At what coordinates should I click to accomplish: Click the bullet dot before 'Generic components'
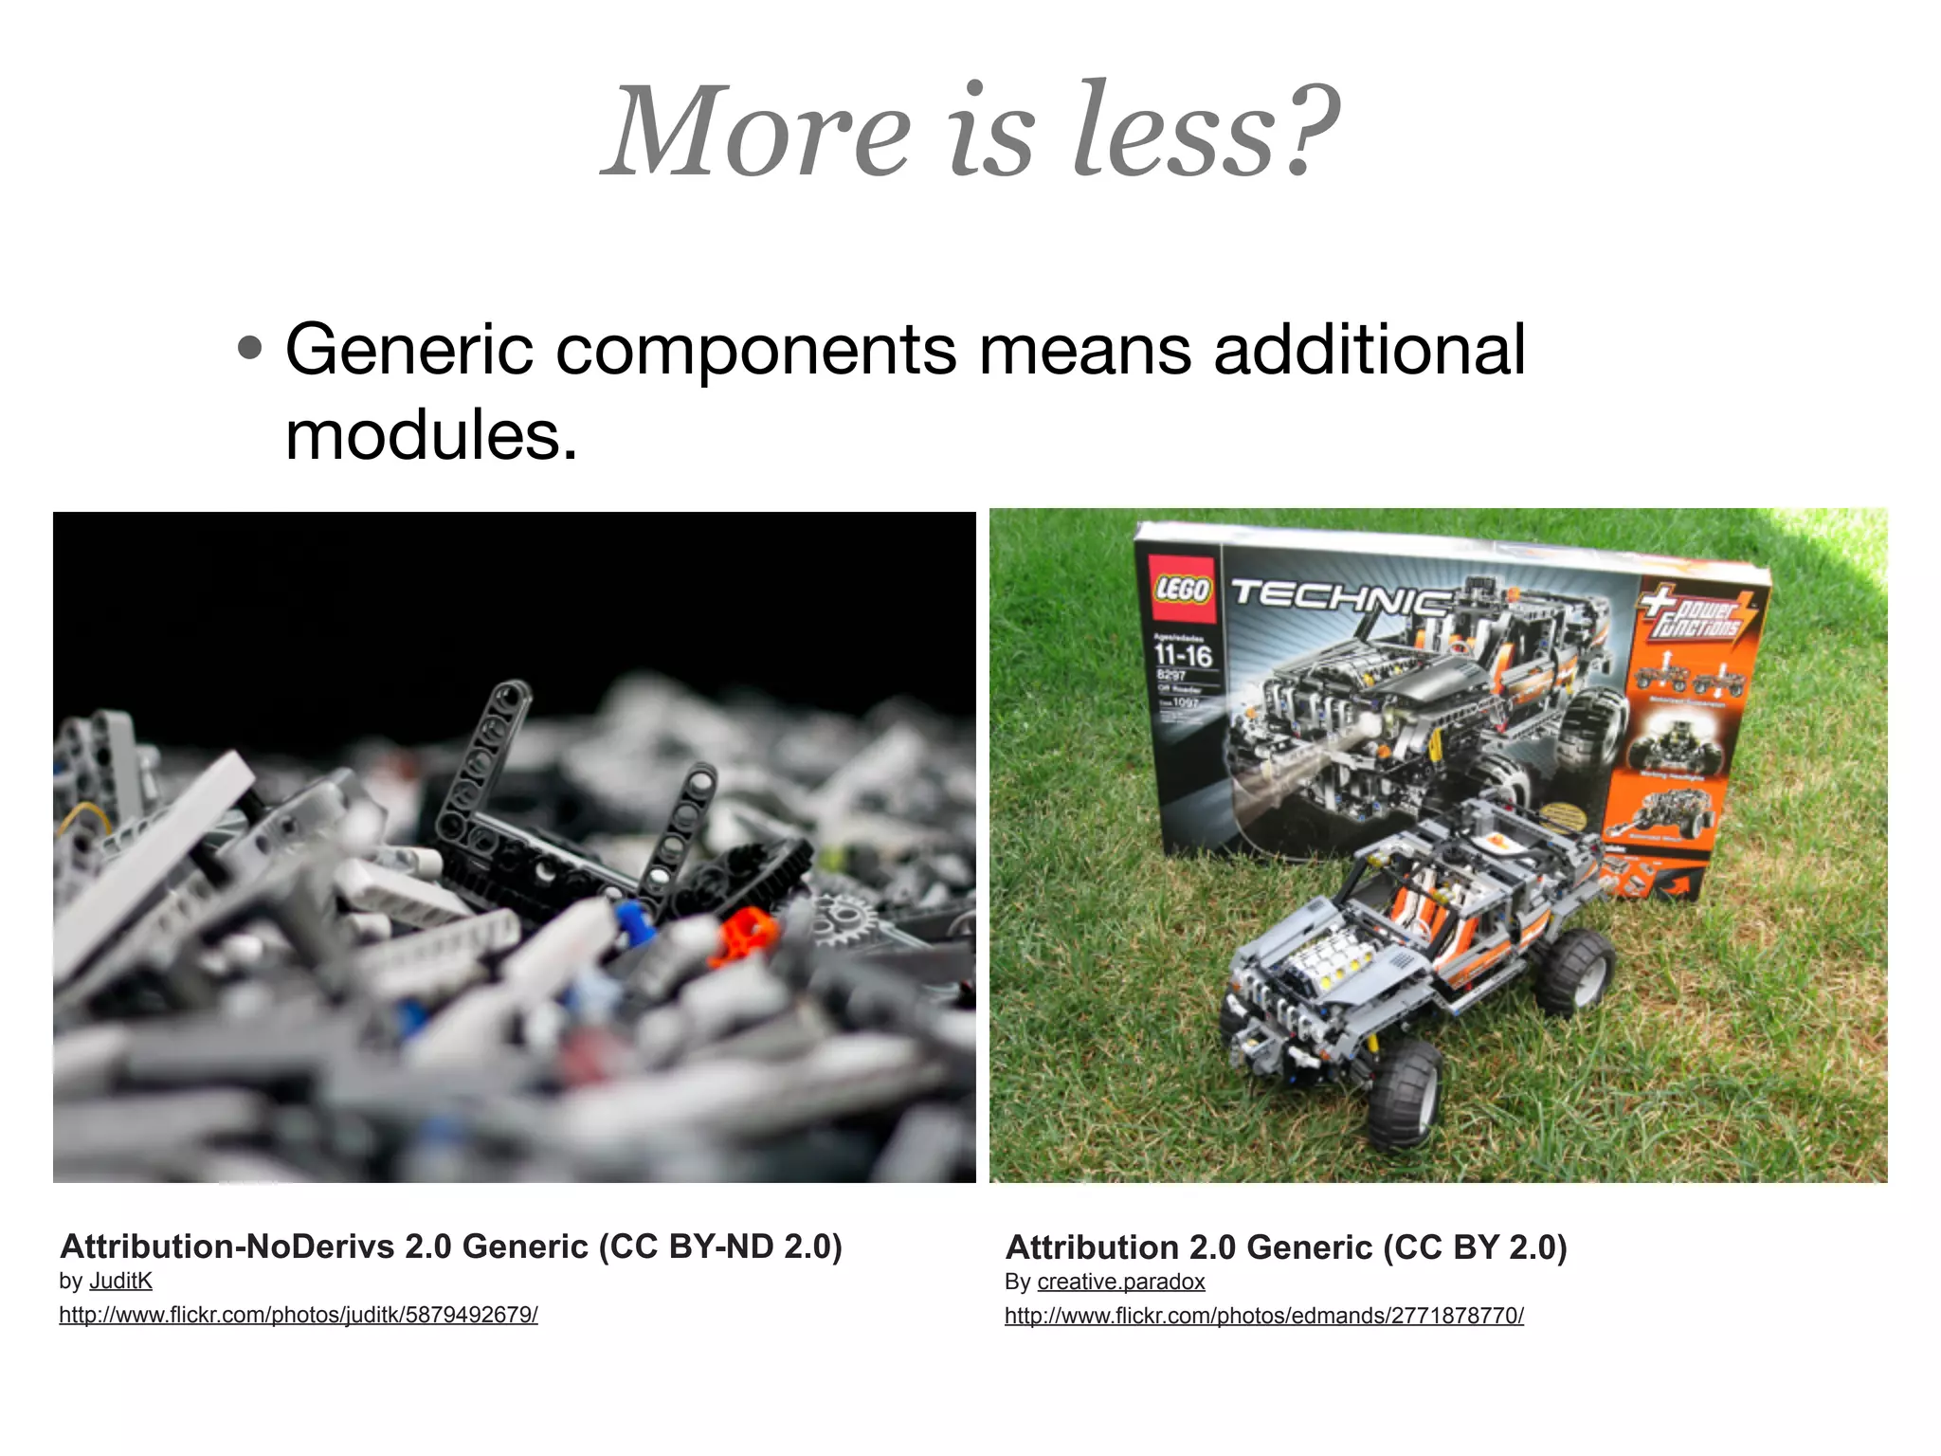pos(249,348)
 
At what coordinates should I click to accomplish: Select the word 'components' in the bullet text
pos(755,351)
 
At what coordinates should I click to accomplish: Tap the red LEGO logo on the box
pos(1182,589)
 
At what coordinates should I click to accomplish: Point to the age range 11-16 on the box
pos(1183,654)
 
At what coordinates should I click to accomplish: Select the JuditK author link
pos(120,1281)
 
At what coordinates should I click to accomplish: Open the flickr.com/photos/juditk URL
pos(299,1315)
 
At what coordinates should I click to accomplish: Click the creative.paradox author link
pos(1121,1282)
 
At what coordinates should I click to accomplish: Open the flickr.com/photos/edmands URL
pos(1264,1316)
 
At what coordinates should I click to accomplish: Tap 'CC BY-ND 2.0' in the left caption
pos(720,1246)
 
